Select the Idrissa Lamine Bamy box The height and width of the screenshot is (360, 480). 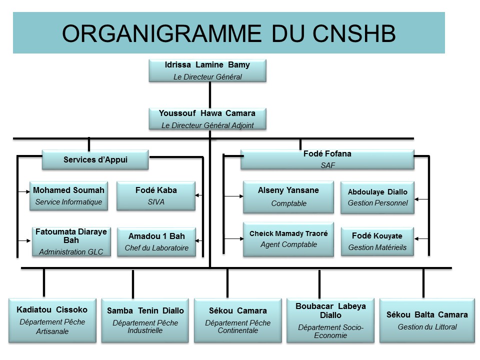[x=207, y=70]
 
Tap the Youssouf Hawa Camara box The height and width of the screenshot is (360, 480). [x=207, y=119]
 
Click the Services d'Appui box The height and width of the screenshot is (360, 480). [x=95, y=160]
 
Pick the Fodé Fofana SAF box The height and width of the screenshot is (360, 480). [x=327, y=159]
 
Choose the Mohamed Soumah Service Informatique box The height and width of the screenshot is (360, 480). [x=68, y=195]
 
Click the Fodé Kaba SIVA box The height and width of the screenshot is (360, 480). [x=156, y=195]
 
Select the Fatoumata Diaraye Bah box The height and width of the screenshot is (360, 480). [x=71, y=241]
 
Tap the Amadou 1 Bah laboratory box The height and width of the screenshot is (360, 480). [x=156, y=242]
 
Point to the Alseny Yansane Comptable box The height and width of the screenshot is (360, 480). [x=288, y=196]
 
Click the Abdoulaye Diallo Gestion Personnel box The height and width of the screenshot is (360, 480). [x=377, y=197]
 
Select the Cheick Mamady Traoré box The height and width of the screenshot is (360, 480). [x=288, y=239]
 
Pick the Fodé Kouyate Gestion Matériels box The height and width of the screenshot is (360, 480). [x=377, y=241]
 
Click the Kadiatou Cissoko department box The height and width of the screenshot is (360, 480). [x=52, y=320]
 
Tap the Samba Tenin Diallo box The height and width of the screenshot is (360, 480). [x=145, y=320]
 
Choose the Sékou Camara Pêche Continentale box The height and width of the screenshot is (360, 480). [x=237, y=320]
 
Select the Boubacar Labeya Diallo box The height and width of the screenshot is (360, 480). [x=330, y=320]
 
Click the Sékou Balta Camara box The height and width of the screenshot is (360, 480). [x=427, y=320]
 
